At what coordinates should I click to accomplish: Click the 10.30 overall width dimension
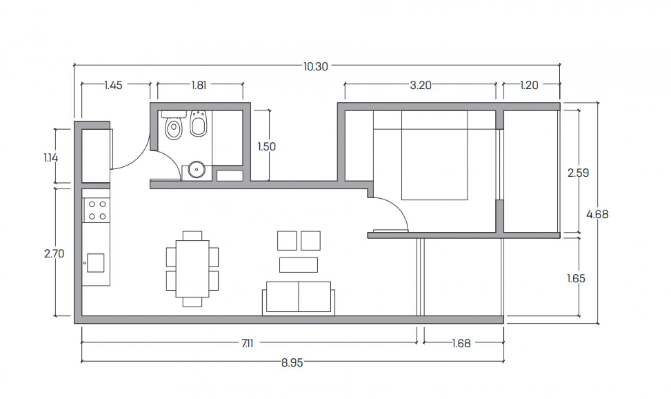tap(316, 66)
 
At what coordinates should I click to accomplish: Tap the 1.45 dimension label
tap(114, 85)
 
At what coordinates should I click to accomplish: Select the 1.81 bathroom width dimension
tap(199, 85)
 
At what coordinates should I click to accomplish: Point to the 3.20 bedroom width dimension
tap(420, 85)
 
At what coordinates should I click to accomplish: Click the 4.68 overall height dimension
tap(597, 214)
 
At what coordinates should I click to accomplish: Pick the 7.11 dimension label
tap(248, 343)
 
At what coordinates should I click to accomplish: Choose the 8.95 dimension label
tap(292, 363)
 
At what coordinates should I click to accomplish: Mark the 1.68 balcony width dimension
tap(461, 343)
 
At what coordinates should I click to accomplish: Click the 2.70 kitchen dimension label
tap(54, 254)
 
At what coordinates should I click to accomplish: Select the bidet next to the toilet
tap(198, 123)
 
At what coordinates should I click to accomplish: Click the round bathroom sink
tap(196, 170)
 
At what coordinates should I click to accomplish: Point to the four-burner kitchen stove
tap(97, 210)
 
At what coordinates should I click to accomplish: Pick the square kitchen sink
tap(96, 263)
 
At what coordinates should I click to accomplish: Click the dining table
tap(192, 269)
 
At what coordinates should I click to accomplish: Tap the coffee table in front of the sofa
tap(298, 265)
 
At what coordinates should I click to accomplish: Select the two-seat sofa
tap(298, 298)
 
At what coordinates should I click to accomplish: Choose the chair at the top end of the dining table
tap(192, 236)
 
